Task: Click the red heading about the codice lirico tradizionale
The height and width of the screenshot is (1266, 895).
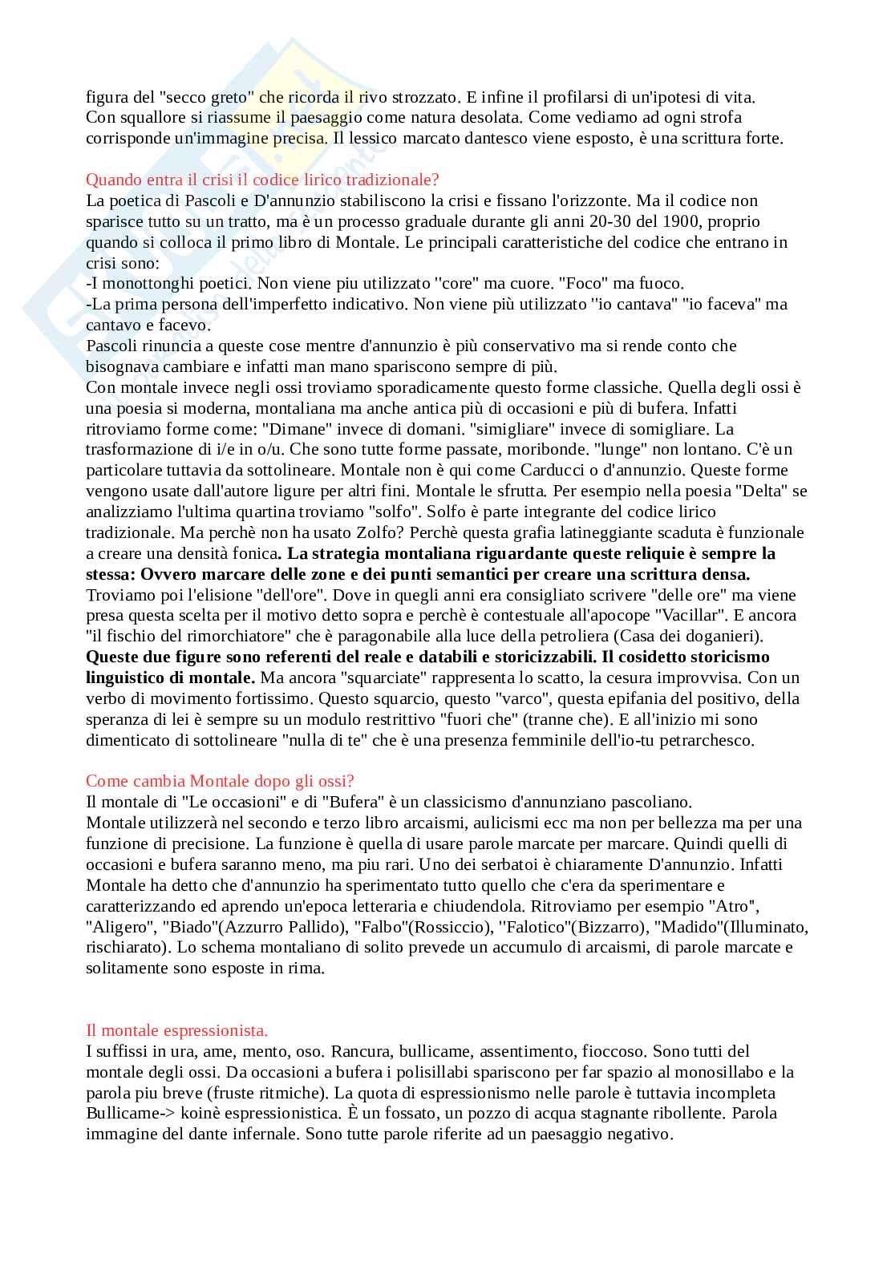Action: [x=262, y=180]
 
